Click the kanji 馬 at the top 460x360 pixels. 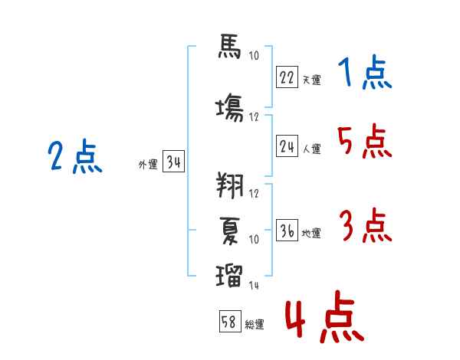(229, 46)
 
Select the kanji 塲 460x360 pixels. (230, 108)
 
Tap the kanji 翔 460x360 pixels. (230, 185)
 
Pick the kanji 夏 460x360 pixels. (230, 231)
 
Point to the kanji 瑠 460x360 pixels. (229, 276)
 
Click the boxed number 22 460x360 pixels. (287, 77)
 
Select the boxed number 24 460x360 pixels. (287, 146)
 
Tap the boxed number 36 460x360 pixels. (287, 230)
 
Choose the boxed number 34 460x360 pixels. (173, 161)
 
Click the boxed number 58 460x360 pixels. (230, 321)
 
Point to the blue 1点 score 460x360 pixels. (365, 72)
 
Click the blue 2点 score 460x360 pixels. (75, 156)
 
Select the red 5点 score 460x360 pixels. (365, 141)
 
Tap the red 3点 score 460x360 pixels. (366, 225)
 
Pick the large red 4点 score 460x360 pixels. (325, 316)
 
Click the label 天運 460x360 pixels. (311, 80)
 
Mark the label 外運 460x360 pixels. (148, 164)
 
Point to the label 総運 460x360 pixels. (255, 325)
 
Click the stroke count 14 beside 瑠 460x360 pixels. (254, 285)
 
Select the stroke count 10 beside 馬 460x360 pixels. (254, 55)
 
